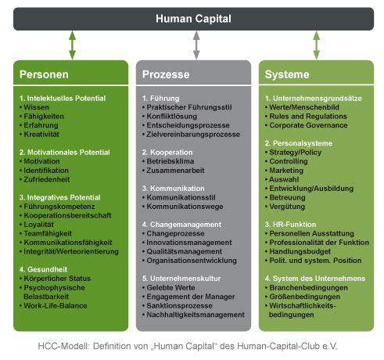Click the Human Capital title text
click(193, 19)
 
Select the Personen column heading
click(44, 74)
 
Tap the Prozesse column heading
click(166, 74)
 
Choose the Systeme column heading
click(287, 74)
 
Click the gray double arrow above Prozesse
click(196, 45)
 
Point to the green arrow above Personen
click(72, 45)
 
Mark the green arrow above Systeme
click(316, 45)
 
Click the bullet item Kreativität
click(41, 135)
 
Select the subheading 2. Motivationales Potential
click(64, 153)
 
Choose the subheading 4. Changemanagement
click(181, 225)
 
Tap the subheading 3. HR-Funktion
click(290, 225)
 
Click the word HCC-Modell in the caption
click(64, 346)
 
